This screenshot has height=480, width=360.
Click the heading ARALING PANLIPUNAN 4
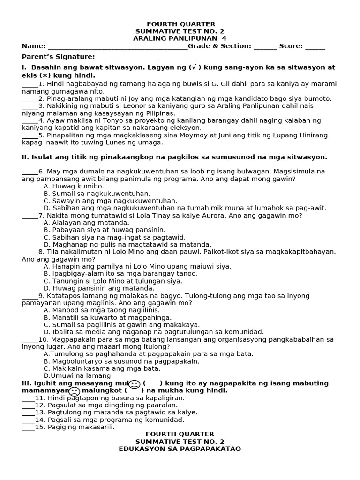180,38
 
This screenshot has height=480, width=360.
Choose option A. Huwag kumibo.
74,186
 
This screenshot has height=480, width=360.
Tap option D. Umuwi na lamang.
78,375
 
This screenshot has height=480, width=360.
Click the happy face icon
135,384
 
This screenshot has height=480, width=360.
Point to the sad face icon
75,391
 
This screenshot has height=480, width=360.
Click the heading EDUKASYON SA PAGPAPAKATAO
180,449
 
